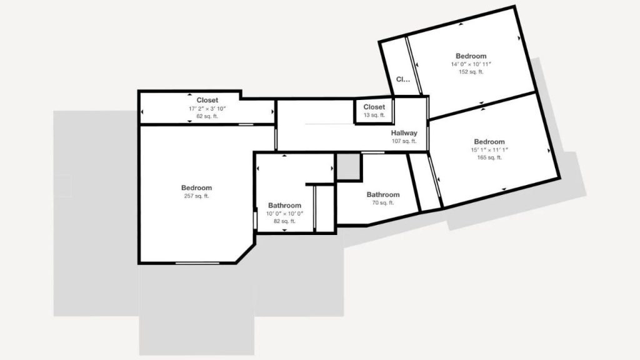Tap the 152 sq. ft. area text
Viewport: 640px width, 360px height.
point(471,72)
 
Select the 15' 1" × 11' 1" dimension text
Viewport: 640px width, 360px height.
point(489,150)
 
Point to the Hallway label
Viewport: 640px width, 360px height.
point(404,133)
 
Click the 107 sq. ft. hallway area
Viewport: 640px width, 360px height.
point(404,141)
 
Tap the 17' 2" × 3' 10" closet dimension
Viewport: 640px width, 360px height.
point(207,109)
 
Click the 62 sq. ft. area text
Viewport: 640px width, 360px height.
point(207,116)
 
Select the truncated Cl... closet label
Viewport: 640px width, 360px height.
point(403,79)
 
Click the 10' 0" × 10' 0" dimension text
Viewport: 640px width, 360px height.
point(285,214)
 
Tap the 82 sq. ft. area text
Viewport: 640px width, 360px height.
point(285,221)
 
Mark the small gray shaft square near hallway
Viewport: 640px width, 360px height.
point(348,166)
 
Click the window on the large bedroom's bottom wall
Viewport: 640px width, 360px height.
point(197,263)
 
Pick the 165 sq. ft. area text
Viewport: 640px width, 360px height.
point(489,157)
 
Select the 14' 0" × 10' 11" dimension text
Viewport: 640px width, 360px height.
point(471,64)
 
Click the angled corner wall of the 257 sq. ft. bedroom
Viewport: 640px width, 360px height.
point(245,254)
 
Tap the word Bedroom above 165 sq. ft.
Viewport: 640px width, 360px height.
point(489,142)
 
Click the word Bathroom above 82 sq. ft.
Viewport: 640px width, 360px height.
point(285,205)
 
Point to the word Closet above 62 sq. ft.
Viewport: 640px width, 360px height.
point(207,100)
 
